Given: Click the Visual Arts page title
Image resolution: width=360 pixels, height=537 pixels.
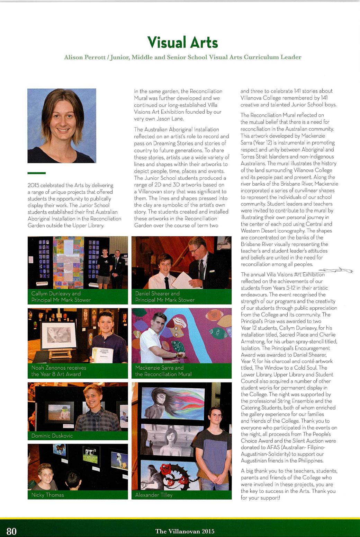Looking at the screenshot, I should (x=182, y=43).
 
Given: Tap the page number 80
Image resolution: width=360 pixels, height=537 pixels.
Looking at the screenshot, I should (x=11, y=531).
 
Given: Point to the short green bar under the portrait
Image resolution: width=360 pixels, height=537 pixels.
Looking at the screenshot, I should (x=36, y=173).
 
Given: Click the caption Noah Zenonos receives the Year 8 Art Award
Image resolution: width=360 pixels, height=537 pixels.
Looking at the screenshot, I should (x=59, y=371).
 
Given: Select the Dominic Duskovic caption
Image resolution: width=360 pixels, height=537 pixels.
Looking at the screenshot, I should (x=52, y=435).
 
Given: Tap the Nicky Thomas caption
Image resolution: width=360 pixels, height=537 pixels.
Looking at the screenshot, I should (x=48, y=495).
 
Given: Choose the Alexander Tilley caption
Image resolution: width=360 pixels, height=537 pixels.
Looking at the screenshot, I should (x=154, y=495).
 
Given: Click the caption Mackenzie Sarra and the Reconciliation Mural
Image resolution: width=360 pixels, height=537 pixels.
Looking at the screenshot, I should (x=163, y=371).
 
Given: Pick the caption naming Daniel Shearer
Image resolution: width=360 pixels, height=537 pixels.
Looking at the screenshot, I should (x=165, y=297).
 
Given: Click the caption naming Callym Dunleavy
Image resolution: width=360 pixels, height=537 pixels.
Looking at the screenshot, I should (x=61, y=297).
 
